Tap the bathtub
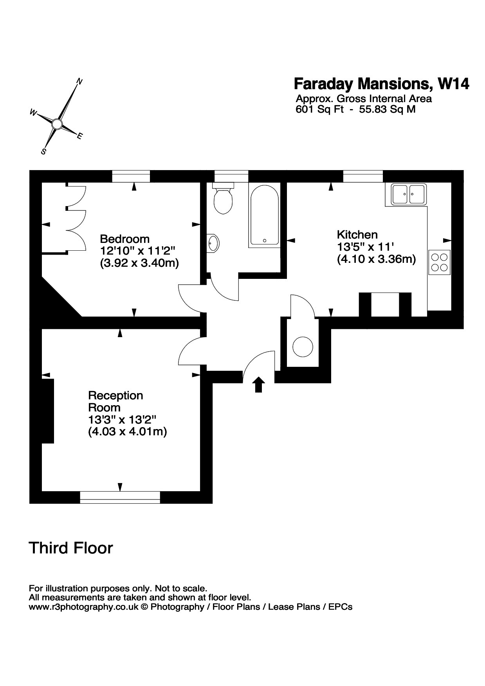[x=264, y=215]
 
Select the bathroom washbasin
[x=213, y=243]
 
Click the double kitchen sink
[x=409, y=194]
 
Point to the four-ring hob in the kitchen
[x=439, y=262]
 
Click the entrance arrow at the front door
[x=258, y=384]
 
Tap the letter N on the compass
[x=79, y=82]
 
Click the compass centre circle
[x=57, y=124]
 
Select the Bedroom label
[x=124, y=239]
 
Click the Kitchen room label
[x=357, y=235]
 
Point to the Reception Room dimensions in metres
[x=128, y=432]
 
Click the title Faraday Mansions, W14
[x=381, y=84]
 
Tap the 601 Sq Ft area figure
[x=319, y=109]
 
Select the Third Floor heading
[x=71, y=548]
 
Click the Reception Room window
[x=120, y=497]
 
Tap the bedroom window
[x=131, y=176]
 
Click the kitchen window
[x=363, y=176]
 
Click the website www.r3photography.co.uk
[x=84, y=607]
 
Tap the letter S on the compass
[x=44, y=151]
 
